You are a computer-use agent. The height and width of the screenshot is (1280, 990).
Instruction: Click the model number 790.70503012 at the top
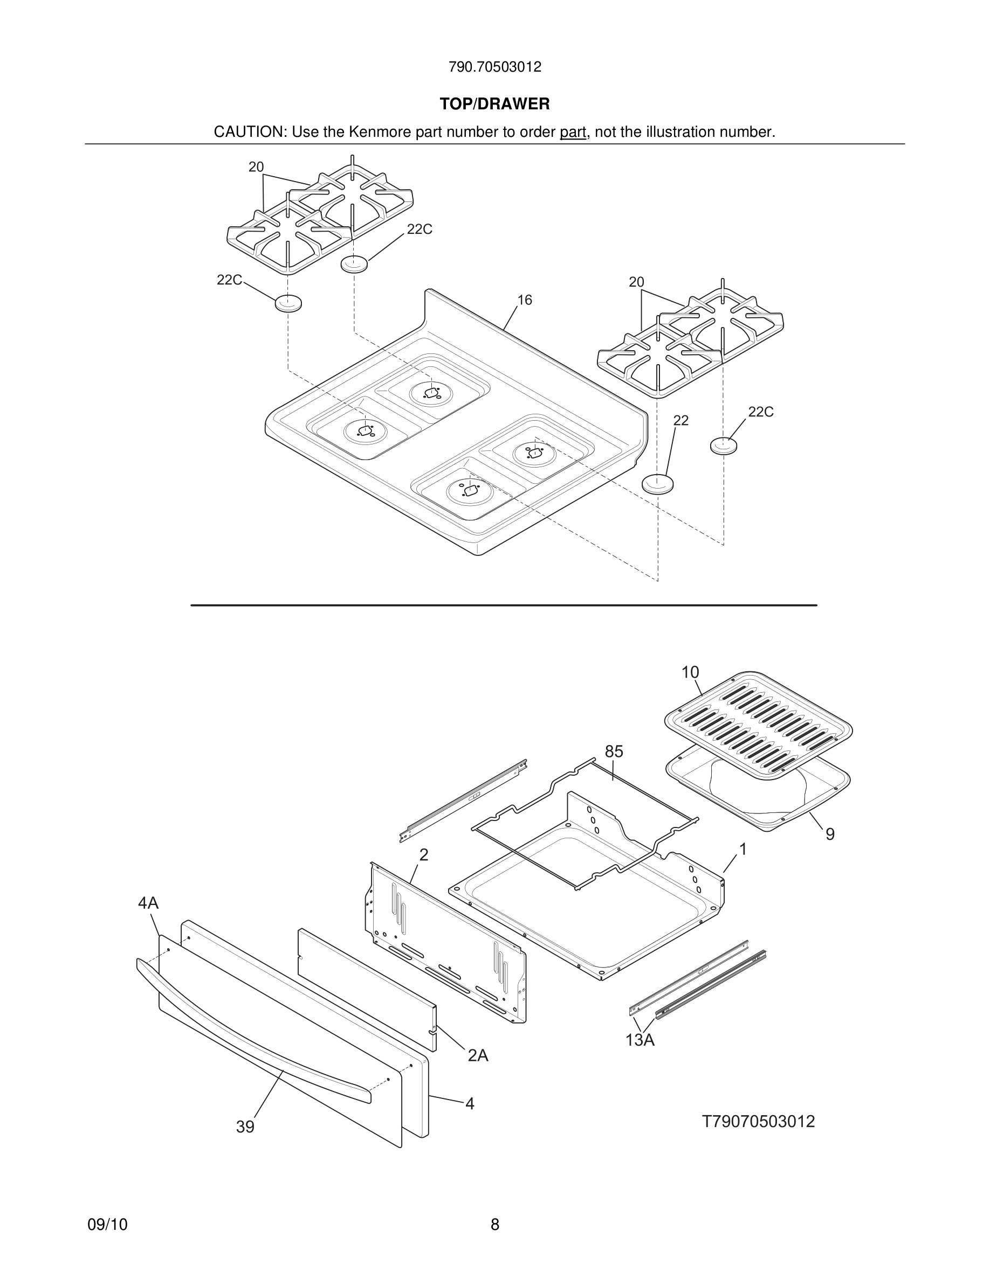click(494, 67)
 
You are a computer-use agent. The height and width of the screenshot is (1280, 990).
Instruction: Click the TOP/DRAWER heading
click(494, 105)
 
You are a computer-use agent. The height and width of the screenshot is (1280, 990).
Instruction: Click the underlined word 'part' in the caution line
click(573, 133)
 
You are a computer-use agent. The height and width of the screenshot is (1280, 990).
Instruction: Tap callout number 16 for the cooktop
click(524, 300)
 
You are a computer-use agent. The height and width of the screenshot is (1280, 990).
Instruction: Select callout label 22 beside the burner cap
click(680, 420)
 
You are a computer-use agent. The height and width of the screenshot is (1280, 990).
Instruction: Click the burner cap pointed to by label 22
click(657, 484)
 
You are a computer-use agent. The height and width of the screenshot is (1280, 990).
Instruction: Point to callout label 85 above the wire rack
click(614, 752)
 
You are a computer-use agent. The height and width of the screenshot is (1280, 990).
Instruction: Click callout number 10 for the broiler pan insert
click(690, 672)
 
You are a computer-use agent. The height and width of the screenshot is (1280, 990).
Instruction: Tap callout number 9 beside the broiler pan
click(830, 834)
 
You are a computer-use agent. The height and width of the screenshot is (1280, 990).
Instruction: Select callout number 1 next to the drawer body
click(742, 849)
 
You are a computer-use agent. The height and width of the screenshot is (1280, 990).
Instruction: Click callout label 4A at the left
click(148, 903)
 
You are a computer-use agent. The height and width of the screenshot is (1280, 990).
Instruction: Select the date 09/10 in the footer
click(107, 1225)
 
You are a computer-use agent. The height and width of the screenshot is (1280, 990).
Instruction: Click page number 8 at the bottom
click(494, 1225)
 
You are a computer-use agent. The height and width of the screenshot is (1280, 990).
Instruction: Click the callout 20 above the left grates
click(256, 167)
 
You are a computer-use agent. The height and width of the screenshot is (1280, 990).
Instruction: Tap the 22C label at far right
click(761, 412)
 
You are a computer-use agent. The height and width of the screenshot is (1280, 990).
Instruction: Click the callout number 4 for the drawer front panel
click(470, 1104)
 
